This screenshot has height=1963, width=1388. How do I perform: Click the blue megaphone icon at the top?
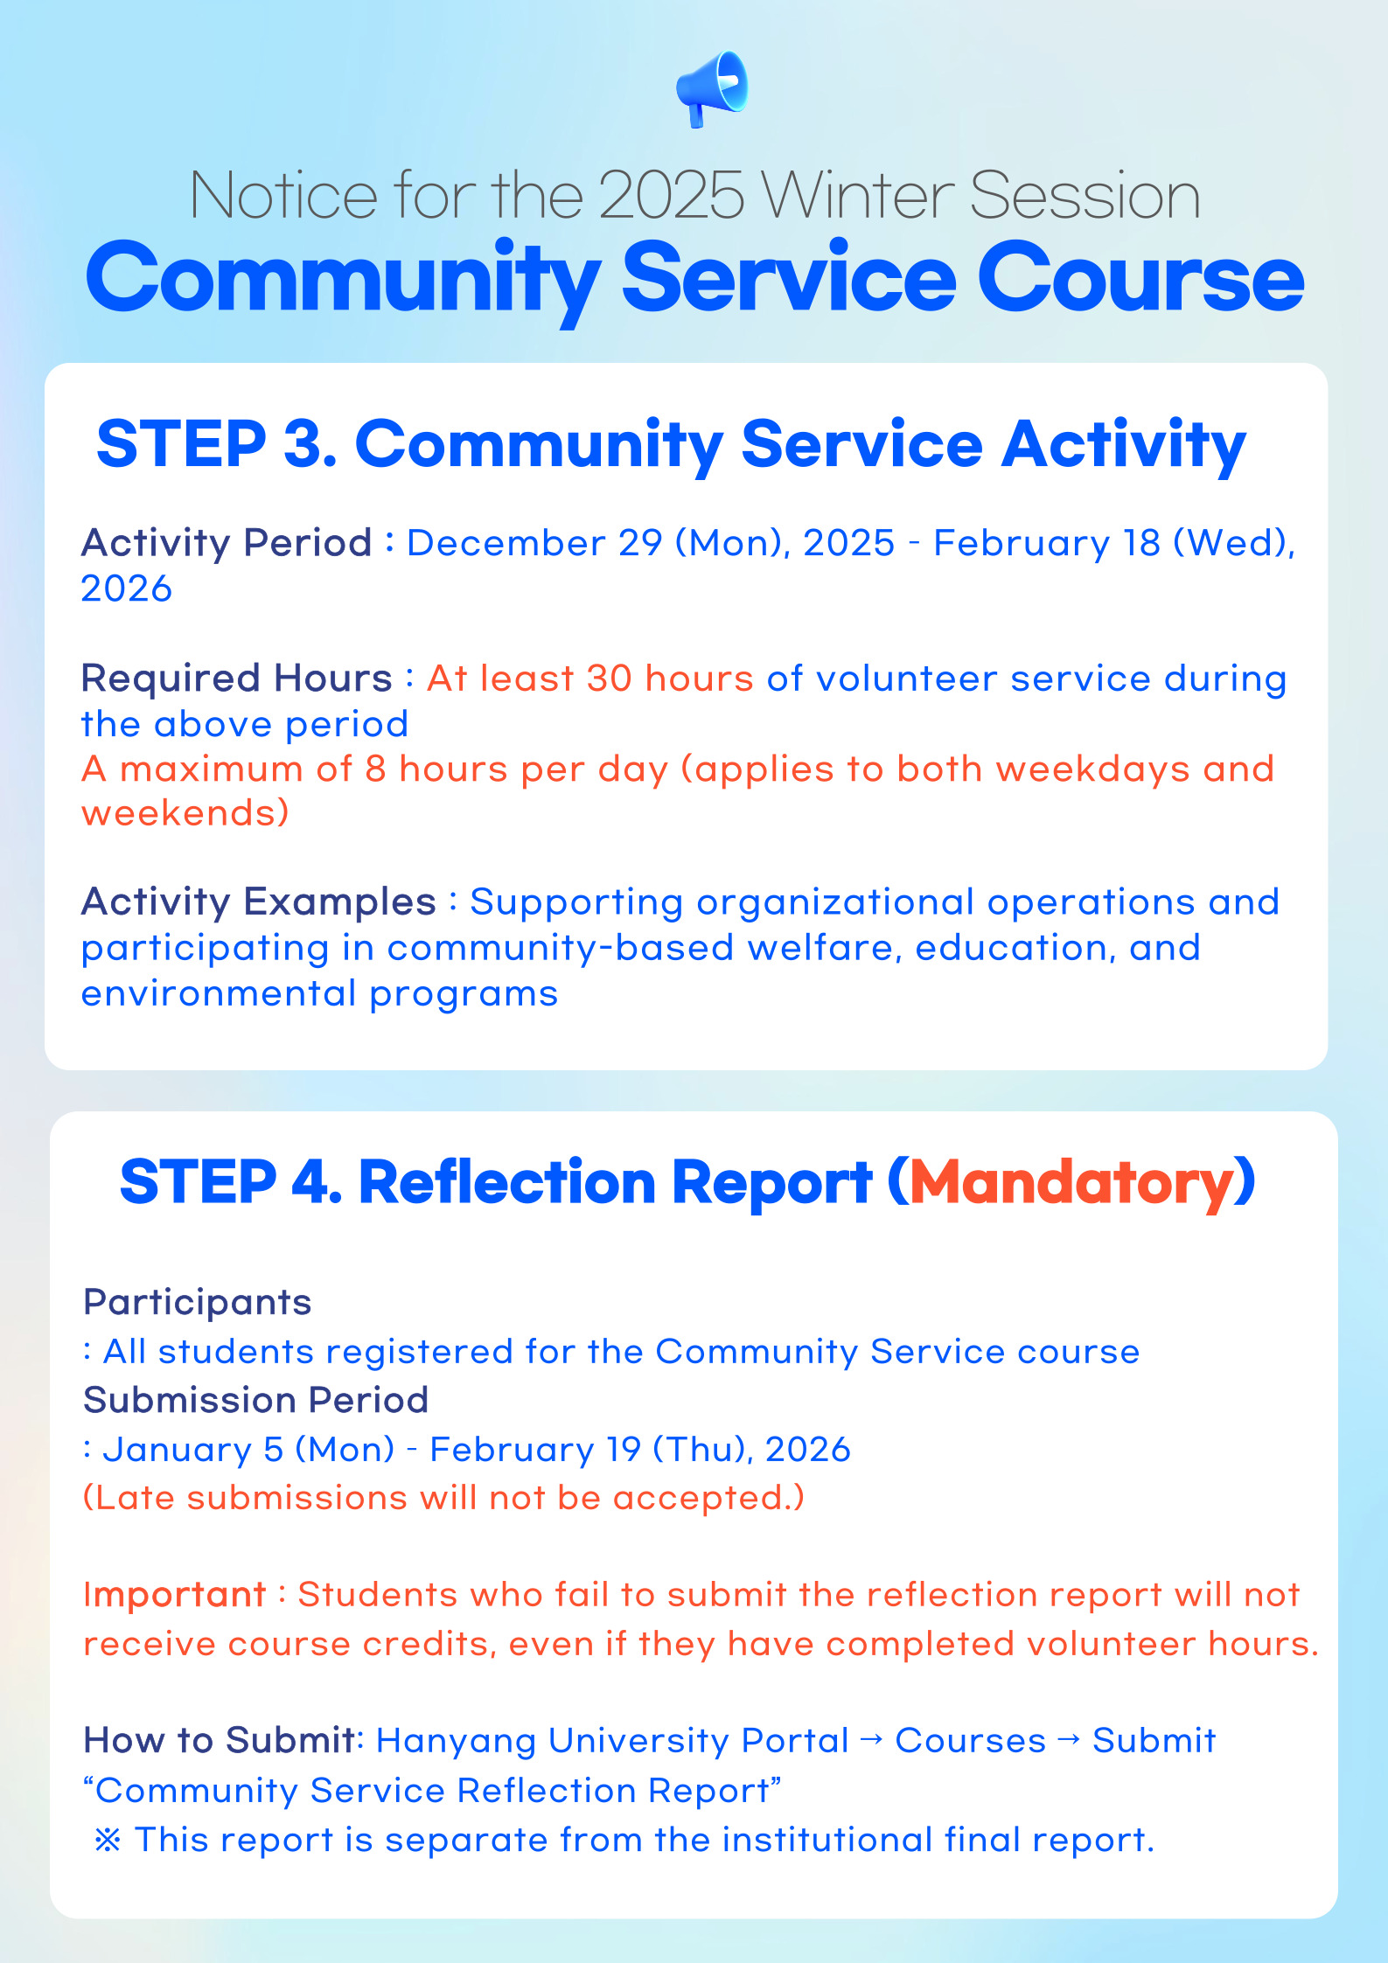click(x=712, y=88)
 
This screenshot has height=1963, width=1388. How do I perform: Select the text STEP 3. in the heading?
click(x=216, y=444)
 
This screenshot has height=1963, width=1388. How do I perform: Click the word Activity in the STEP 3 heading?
click(x=1123, y=444)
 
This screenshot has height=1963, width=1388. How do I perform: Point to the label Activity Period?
click(x=227, y=543)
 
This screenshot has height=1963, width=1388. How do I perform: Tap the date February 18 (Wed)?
click(x=1113, y=543)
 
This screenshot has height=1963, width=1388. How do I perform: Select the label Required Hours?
click(x=236, y=679)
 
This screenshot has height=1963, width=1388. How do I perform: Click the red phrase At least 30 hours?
click(x=589, y=679)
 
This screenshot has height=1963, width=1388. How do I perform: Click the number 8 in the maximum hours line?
click(x=375, y=769)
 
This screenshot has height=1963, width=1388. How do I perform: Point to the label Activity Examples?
click(x=258, y=901)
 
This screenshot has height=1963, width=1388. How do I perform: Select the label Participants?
click(x=197, y=1302)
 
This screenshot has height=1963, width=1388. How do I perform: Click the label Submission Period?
click(x=255, y=1400)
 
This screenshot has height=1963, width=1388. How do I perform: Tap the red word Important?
click(x=174, y=1595)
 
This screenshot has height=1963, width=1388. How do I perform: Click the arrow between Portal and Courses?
click(x=871, y=1739)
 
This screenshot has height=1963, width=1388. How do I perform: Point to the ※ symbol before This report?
click(x=107, y=1841)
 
